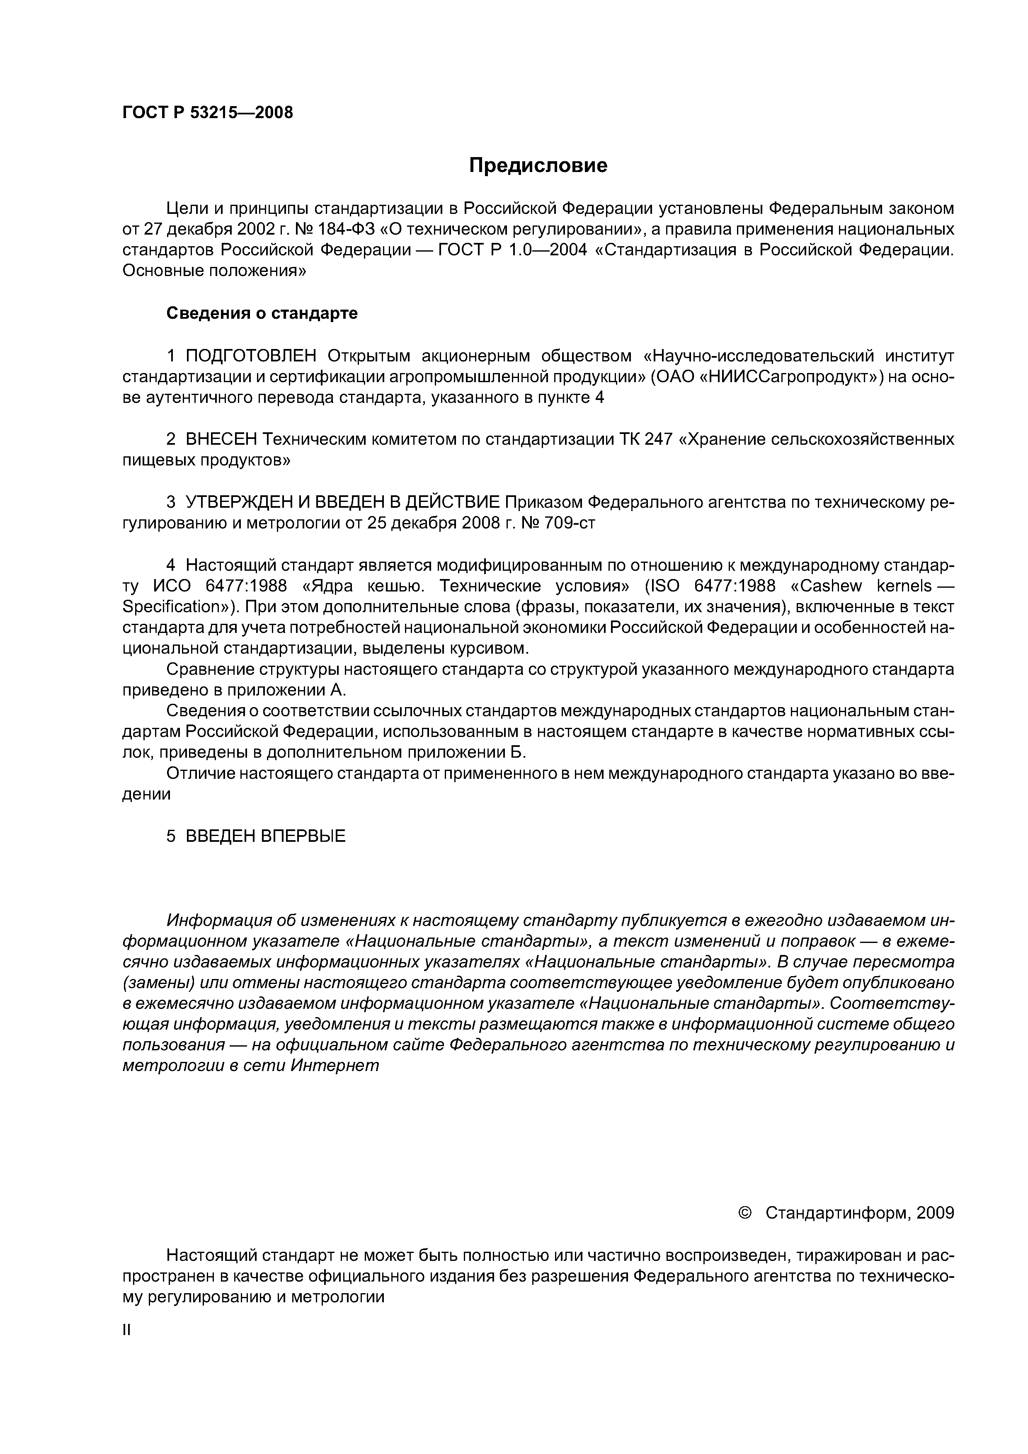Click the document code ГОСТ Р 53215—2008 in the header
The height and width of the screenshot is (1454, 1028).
(x=207, y=113)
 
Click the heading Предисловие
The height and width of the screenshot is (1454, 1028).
(x=538, y=166)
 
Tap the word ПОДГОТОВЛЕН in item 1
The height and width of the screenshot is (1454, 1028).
(x=255, y=356)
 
